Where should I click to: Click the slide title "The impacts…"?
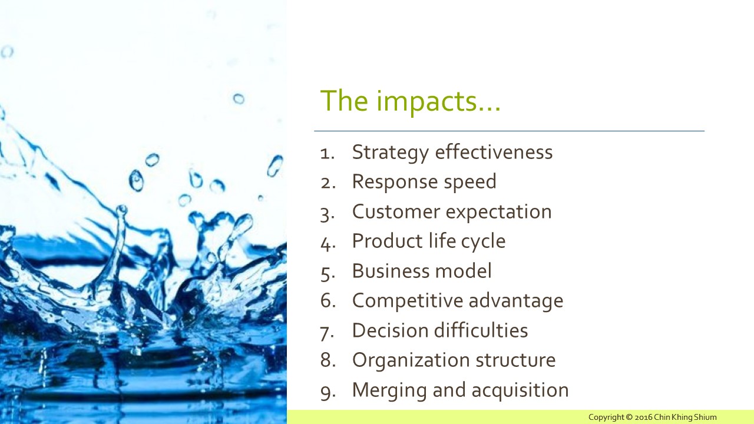click(411, 101)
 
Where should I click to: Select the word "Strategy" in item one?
click(391, 153)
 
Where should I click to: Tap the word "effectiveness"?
click(494, 151)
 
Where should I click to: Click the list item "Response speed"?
click(424, 182)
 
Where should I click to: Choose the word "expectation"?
click(499, 213)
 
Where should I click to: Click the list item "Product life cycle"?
click(429, 241)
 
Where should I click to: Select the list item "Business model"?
click(422, 271)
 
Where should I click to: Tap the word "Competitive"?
click(407, 301)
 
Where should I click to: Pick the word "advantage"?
click(516, 301)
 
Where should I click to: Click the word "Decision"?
click(390, 330)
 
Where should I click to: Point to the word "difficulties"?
click(481, 330)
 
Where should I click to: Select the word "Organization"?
click(411, 360)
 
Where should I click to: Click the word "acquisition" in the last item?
click(520, 390)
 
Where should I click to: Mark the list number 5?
click(328, 273)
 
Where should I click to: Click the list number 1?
click(327, 154)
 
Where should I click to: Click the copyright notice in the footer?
click(652, 418)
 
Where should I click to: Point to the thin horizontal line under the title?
click(510, 131)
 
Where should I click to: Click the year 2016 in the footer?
click(644, 418)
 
